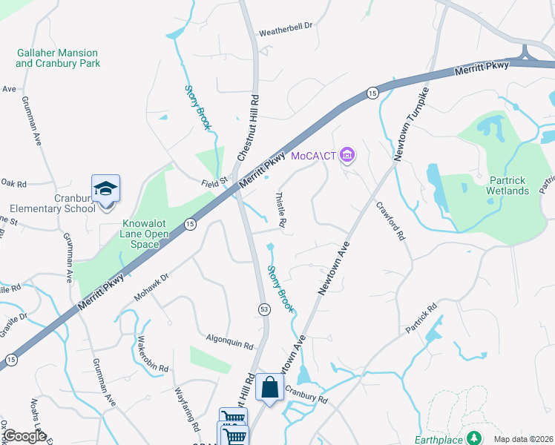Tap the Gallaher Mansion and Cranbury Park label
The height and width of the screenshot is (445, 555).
pos(57,58)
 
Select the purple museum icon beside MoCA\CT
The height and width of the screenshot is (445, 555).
pos(347,155)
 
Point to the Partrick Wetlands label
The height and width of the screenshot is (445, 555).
pos(498,185)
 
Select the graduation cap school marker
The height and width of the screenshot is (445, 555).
pos(105,188)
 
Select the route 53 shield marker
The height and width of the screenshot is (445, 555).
pos(263,308)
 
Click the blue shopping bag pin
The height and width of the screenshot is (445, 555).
pos(269,387)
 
